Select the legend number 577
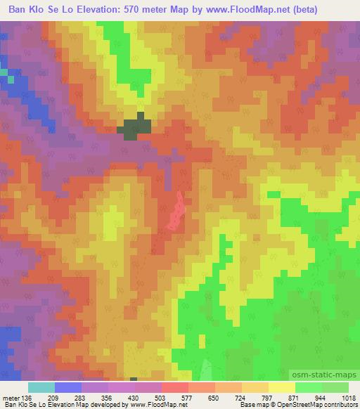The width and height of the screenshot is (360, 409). pyautogui.click(x=186, y=398)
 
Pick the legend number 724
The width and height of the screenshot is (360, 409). pyautogui.click(x=240, y=398)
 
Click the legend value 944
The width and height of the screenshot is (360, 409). pyautogui.click(x=321, y=398)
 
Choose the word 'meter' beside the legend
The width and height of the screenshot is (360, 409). pyautogui.click(x=11, y=398)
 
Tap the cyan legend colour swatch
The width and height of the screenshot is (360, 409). pyautogui.click(x=41, y=387)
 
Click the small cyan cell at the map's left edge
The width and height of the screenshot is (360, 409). pyautogui.click(x=4, y=72)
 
